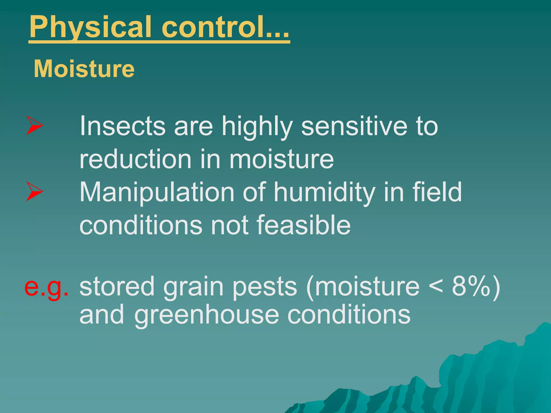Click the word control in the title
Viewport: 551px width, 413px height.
pos(213,27)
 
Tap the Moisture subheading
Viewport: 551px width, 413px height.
pos(84,69)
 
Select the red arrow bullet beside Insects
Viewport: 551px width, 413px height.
pos(34,125)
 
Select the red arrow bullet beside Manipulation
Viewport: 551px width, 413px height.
pos(34,191)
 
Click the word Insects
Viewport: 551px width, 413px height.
pos(122,126)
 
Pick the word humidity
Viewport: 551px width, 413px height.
pos(324,192)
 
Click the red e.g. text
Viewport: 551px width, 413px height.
pos(46,287)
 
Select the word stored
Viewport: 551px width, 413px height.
pos(117,287)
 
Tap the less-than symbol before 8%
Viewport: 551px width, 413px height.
pos(436,287)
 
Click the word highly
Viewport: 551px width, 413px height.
pos(257,126)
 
